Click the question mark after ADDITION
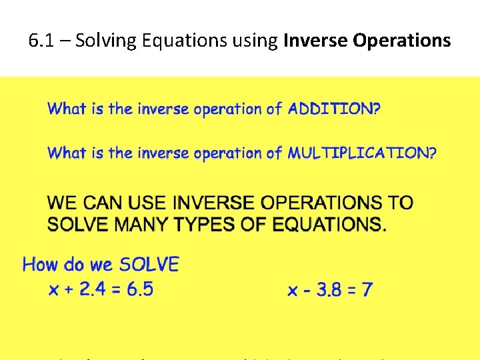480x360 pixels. tap(377, 109)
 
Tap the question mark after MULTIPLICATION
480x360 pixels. tap(433, 153)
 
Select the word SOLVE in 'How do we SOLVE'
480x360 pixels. tap(149, 265)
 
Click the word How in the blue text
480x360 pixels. tap(39, 265)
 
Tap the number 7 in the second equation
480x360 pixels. tap(367, 290)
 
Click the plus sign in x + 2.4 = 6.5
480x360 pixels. tap(69, 290)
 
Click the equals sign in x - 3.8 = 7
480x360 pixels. tap(351, 291)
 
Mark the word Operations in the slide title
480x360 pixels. tap(402, 41)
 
